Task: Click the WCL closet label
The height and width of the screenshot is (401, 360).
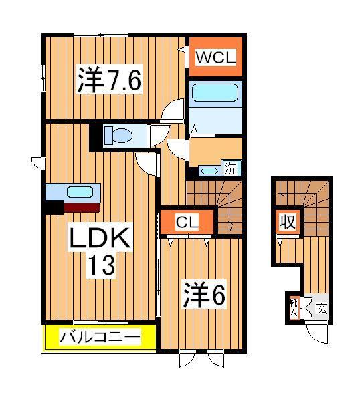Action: coord(215,58)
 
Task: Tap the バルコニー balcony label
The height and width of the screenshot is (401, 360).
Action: coord(101,336)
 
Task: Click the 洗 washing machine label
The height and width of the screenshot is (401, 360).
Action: coord(230,168)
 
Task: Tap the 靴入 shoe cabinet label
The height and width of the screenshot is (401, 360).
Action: coord(293,308)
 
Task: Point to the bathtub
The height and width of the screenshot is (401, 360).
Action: coord(215,94)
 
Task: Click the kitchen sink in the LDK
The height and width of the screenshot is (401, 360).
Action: coord(80,192)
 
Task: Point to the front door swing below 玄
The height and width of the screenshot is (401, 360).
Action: coord(317,332)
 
